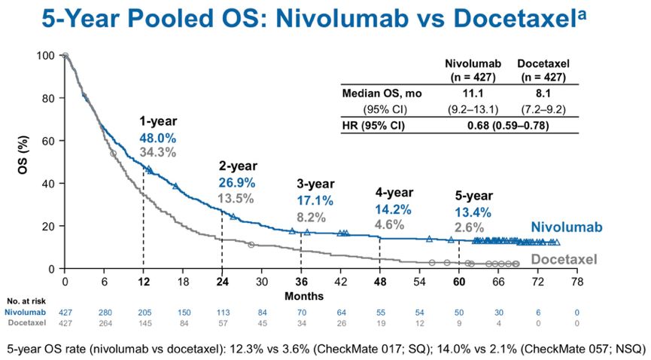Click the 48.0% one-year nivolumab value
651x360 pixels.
(x=157, y=138)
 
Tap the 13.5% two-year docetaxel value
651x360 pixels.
(x=236, y=199)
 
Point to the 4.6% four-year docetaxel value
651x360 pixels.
(x=389, y=224)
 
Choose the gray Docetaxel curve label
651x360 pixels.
(x=564, y=260)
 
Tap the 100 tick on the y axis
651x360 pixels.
(x=47, y=56)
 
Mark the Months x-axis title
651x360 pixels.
(x=304, y=296)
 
